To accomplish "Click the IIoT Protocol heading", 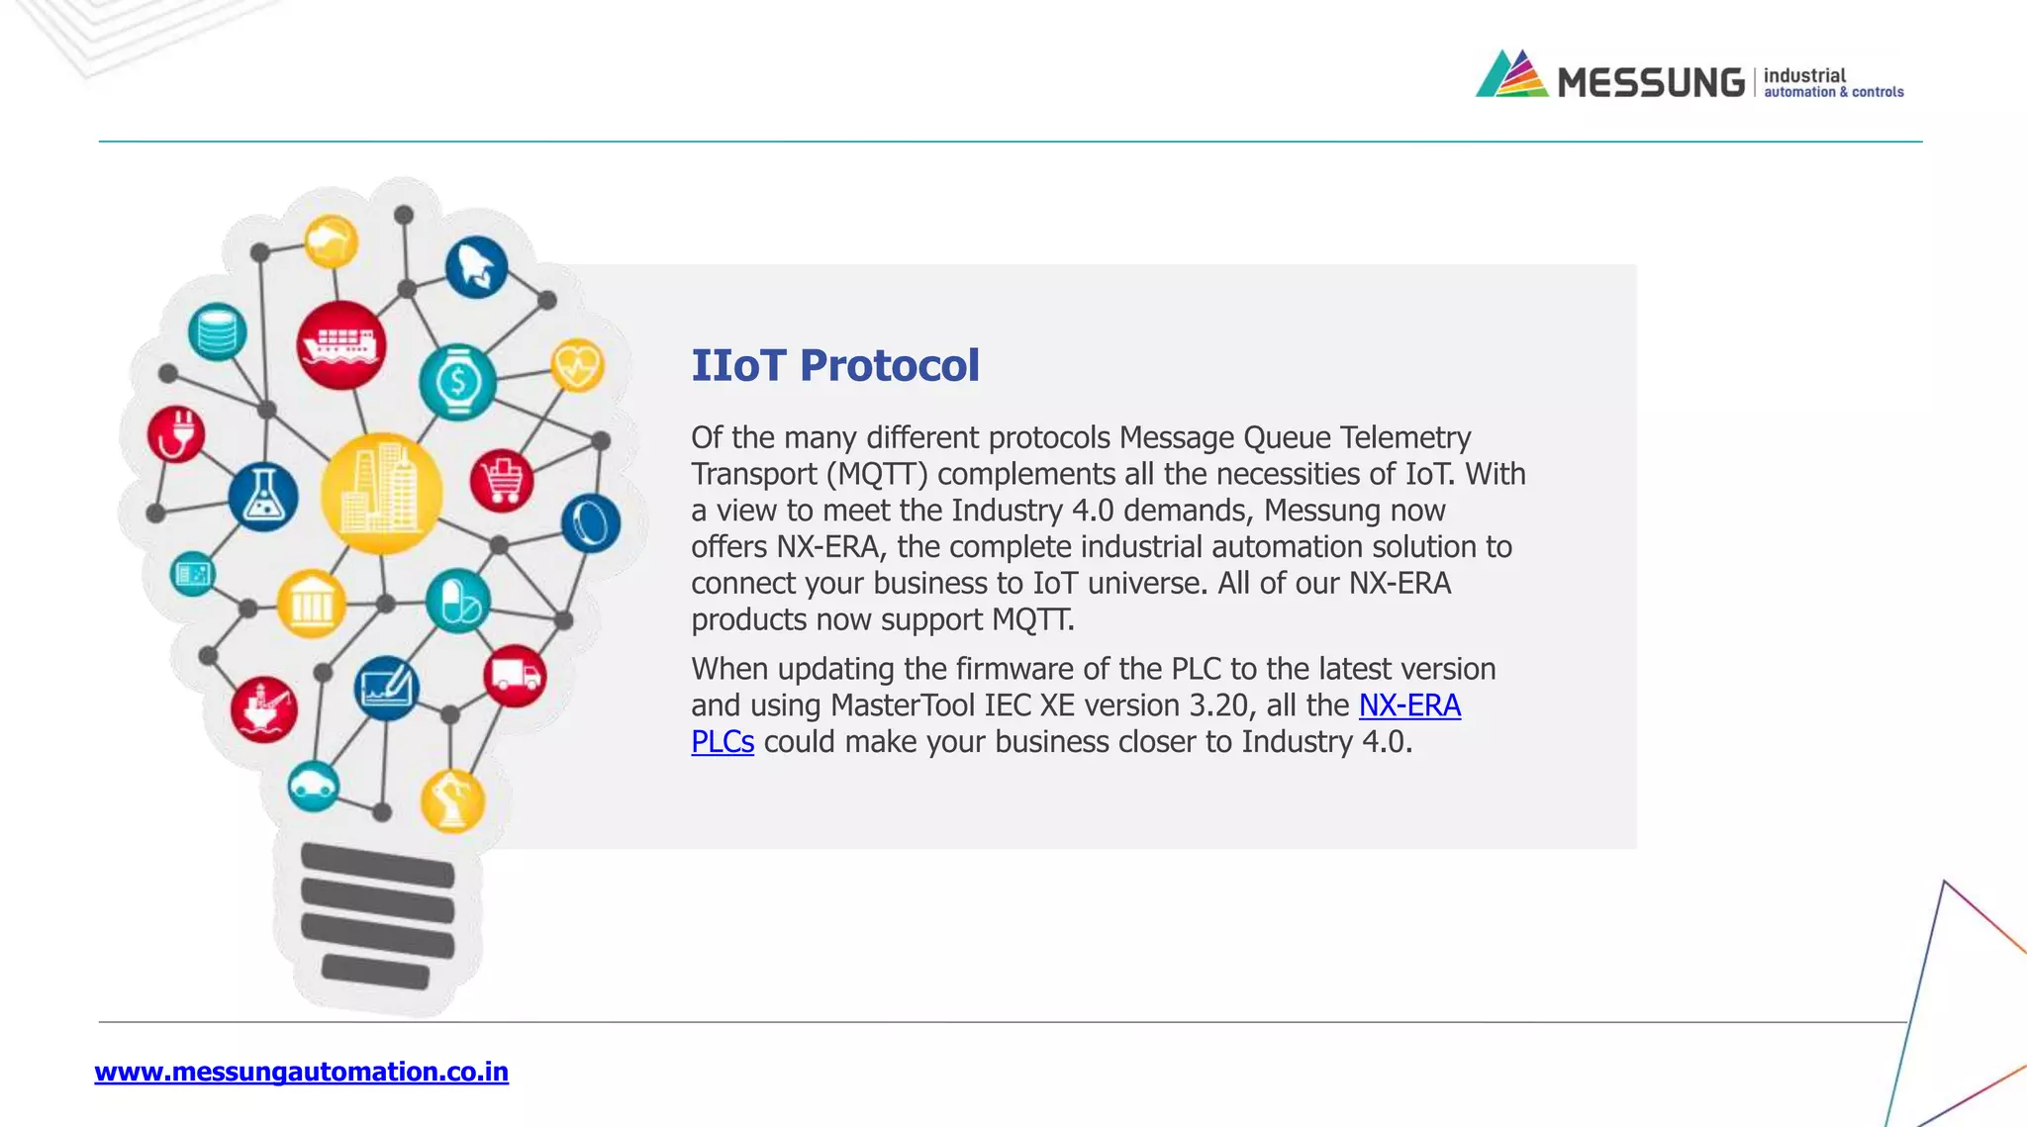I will [x=834, y=365].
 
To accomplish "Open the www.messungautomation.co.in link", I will [x=301, y=1072].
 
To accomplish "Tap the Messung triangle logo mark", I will [x=1511, y=74].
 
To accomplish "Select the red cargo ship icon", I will [x=341, y=345].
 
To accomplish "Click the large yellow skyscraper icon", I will [x=381, y=493].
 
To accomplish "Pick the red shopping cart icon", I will [x=502, y=481].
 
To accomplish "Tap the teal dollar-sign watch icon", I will [x=457, y=381].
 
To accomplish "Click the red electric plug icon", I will [x=176, y=433].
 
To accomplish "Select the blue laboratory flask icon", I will [x=263, y=497].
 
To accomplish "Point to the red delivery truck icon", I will [x=515, y=676].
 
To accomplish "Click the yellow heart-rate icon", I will [x=577, y=365].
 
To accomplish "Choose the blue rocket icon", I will [x=476, y=267].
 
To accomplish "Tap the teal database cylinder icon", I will [x=217, y=331].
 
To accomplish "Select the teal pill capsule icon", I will [x=457, y=601].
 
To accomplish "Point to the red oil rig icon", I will [x=263, y=708].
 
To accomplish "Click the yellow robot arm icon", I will [x=452, y=799].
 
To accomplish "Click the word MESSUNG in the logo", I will [x=1650, y=82].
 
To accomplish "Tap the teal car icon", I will [x=314, y=787].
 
